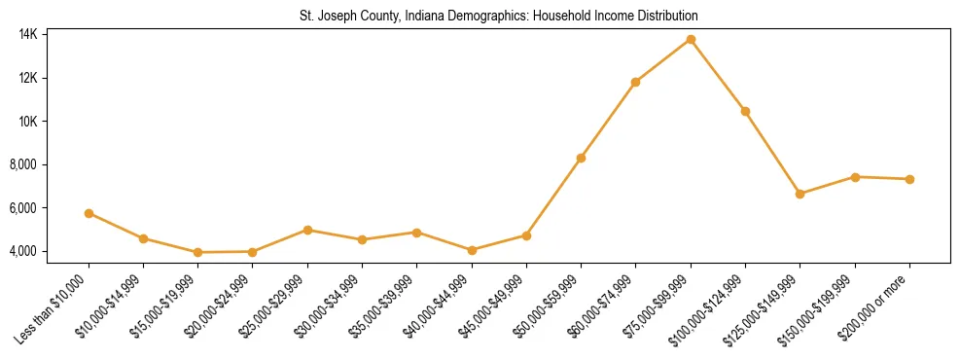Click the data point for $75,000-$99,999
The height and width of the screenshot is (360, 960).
pyautogui.click(x=691, y=39)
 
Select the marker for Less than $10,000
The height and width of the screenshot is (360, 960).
pyautogui.click(x=89, y=213)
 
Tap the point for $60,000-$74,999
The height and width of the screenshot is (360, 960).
pyautogui.click(x=636, y=82)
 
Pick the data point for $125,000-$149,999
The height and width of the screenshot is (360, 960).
pyautogui.click(x=800, y=194)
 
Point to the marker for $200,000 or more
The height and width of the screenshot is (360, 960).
pyautogui.click(x=909, y=179)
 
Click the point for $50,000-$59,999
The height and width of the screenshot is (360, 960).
pyautogui.click(x=581, y=158)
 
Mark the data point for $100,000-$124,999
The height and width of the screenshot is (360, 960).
pyautogui.click(x=745, y=111)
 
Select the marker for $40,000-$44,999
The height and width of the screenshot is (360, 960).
pyautogui.click(x=472, y=250)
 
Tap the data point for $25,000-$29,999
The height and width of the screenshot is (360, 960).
pyautogui.click(x=307, y=230)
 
